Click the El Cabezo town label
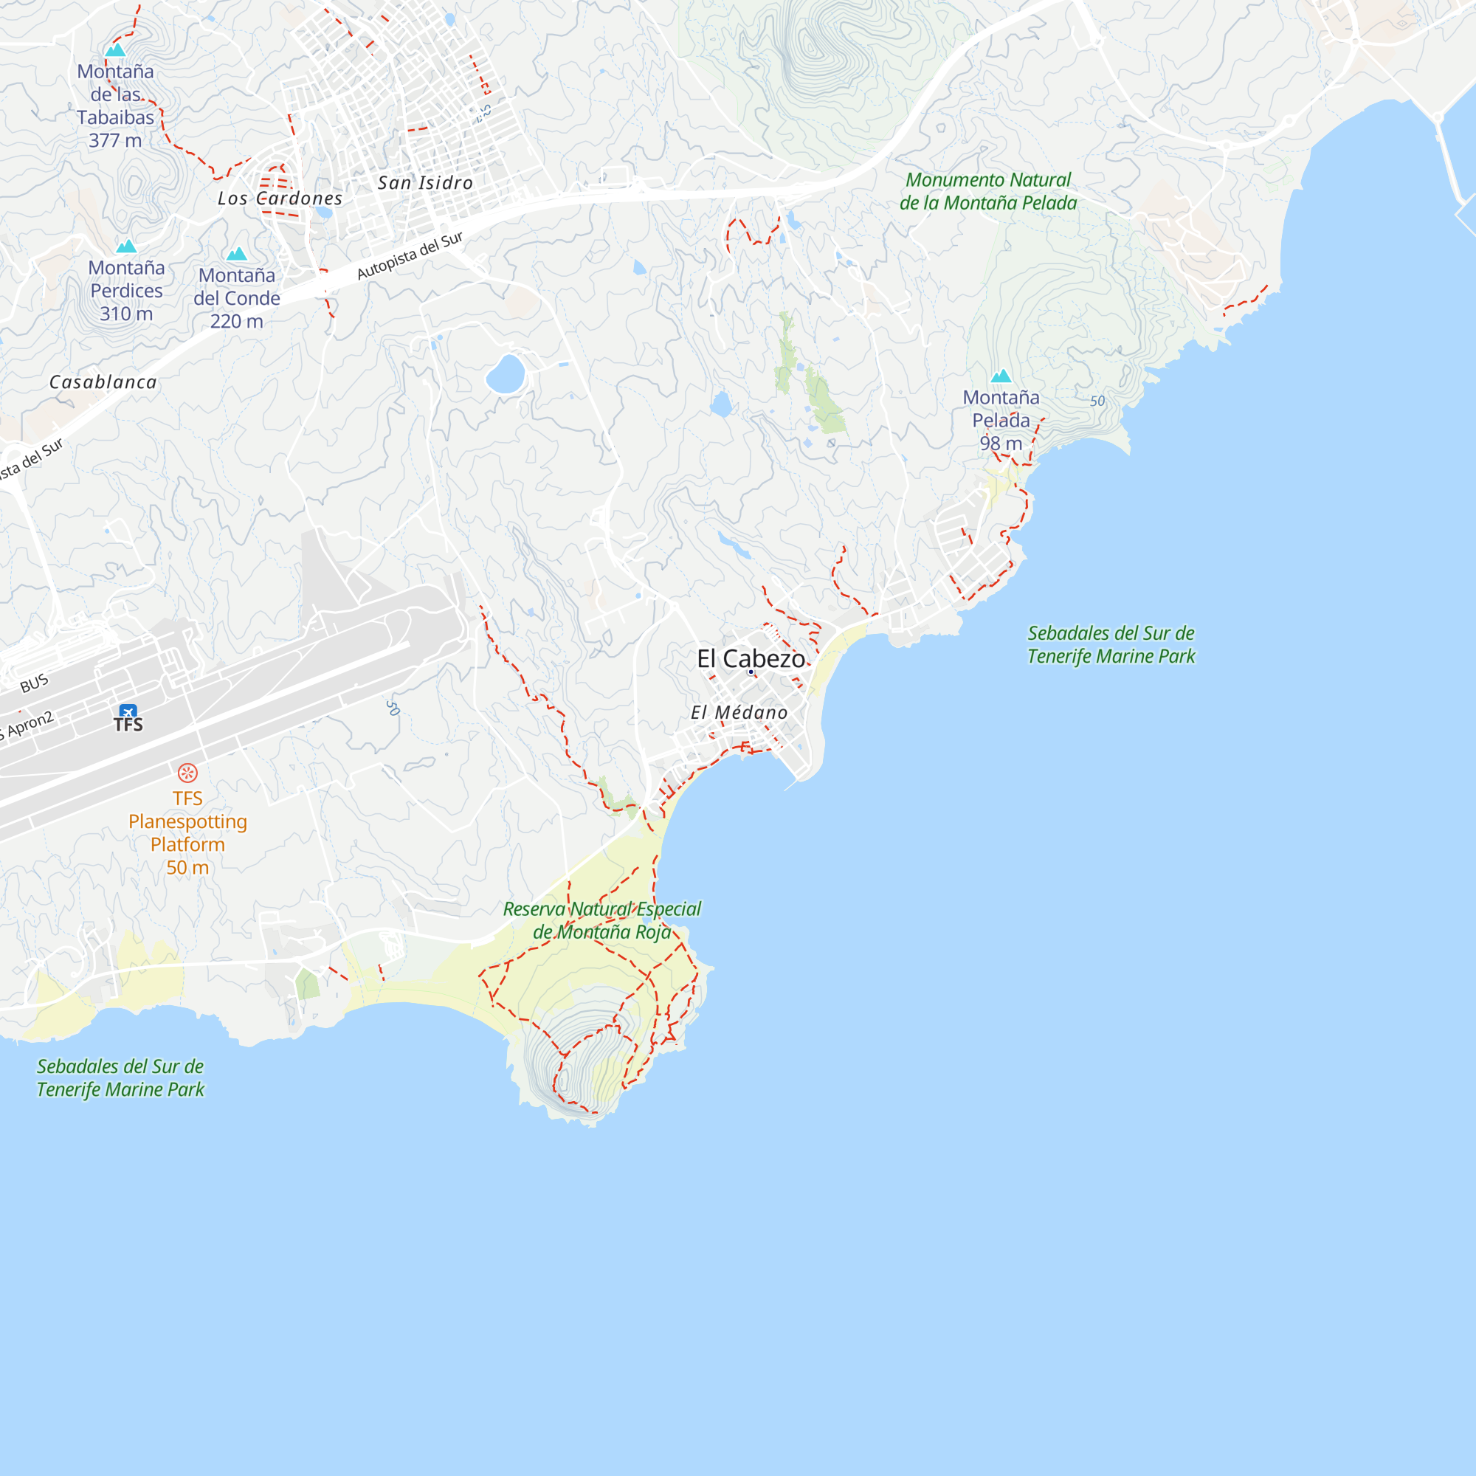coord(751,658)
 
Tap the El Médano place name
coord(739,713)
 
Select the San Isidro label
coord(426,183)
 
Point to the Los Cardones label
coord(280,199)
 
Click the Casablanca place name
coord(103,382)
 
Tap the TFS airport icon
coord(128,712)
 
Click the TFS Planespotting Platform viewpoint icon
coord(187,773)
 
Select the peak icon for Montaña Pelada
coord(1001,376)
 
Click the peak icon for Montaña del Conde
coord(237,254)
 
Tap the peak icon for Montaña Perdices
coord(126,246)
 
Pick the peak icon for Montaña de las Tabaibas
coord(115,50)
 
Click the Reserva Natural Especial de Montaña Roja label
coord(602,920)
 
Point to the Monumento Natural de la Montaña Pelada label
coord(988,192)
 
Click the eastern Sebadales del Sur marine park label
coord(1111,645)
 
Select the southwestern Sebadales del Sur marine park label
coord(121,1078)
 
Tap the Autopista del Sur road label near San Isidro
coord(410,255)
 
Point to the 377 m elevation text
coord(115,140)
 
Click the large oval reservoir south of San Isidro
coord(506,373)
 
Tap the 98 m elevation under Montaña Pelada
coord(1001,443)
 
